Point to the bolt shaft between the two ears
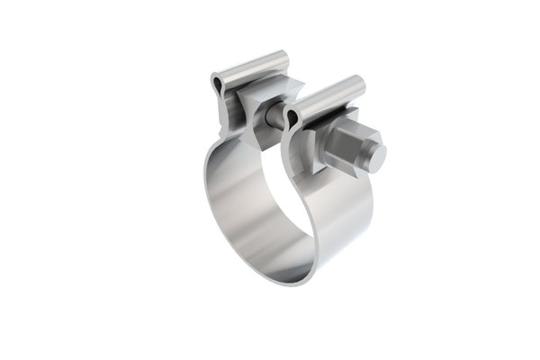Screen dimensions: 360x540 [274, 115]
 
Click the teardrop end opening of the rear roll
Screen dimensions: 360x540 [219, 85]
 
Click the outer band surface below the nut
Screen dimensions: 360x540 [342, 216]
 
